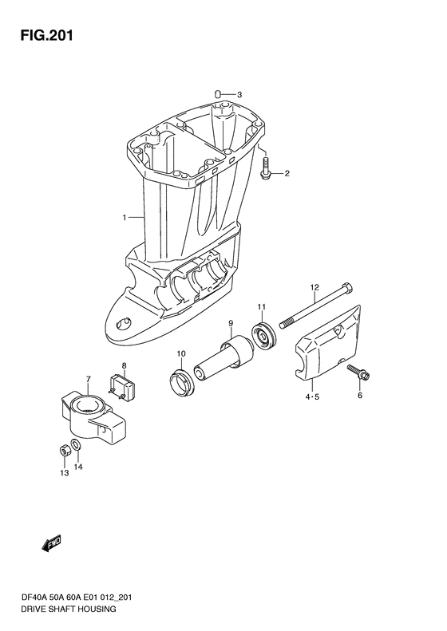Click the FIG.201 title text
coord(47,36)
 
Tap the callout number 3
coord(239,95)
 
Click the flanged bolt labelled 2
coord(265,168)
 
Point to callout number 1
coord(125,218)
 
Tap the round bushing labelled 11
coord(263,337)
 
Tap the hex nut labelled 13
coord(64,452)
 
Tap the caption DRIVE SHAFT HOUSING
coord(68,609)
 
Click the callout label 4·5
coord(311,396)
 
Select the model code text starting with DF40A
coord(76,598)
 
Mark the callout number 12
coord(314,287)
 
